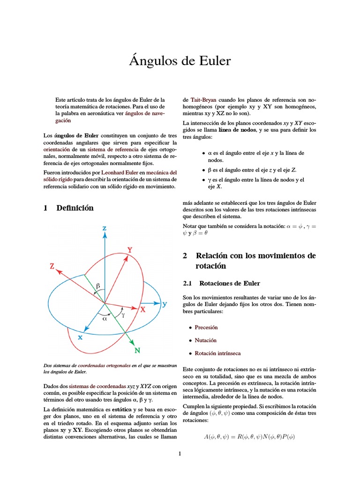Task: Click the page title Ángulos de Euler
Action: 180,61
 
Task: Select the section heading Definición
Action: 75,208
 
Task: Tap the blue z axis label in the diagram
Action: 104,228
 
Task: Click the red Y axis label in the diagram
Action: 129,250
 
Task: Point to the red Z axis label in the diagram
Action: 52,266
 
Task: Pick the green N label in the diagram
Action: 137,350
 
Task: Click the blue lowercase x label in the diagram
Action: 80,336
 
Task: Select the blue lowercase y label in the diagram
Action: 165,304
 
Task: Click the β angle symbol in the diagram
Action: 98,285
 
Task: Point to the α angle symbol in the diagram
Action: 105,318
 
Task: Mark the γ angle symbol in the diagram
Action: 123,315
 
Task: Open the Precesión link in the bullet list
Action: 206,327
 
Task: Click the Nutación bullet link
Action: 205,340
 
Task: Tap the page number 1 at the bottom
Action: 180,453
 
